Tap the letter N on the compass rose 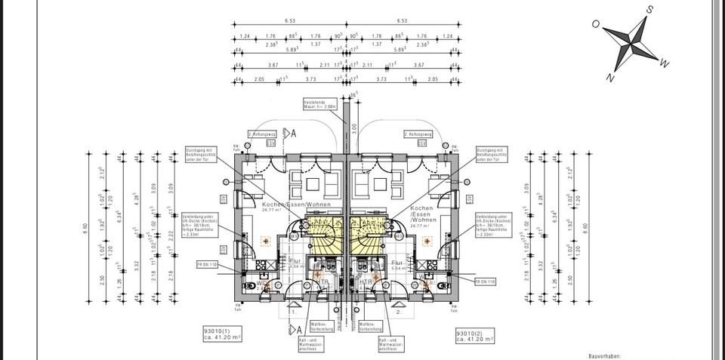[609, 77]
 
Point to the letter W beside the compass [664, 64]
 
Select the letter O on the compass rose [596, 24]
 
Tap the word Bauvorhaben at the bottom [607, 355]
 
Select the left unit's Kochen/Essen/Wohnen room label [286, 205]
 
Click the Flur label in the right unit [395, 262]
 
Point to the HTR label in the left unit [322, 281]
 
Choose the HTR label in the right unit [366, 281]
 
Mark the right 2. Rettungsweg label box [416, 134]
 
